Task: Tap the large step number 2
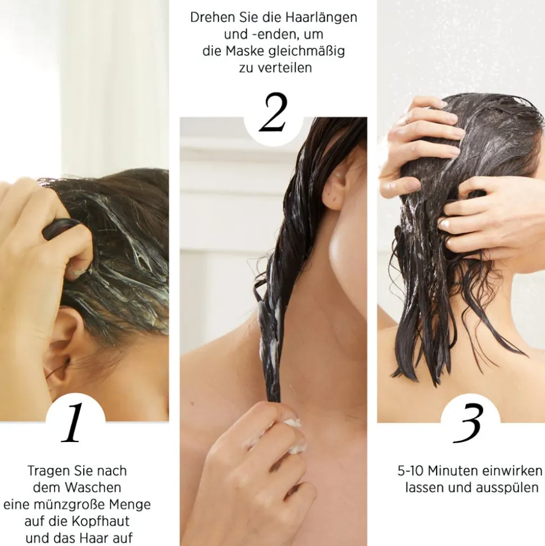coord(274,114)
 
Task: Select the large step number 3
coord(469,423)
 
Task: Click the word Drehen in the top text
coord(210,17)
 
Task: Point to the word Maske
coord(245,51)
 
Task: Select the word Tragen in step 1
coord(46,470)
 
